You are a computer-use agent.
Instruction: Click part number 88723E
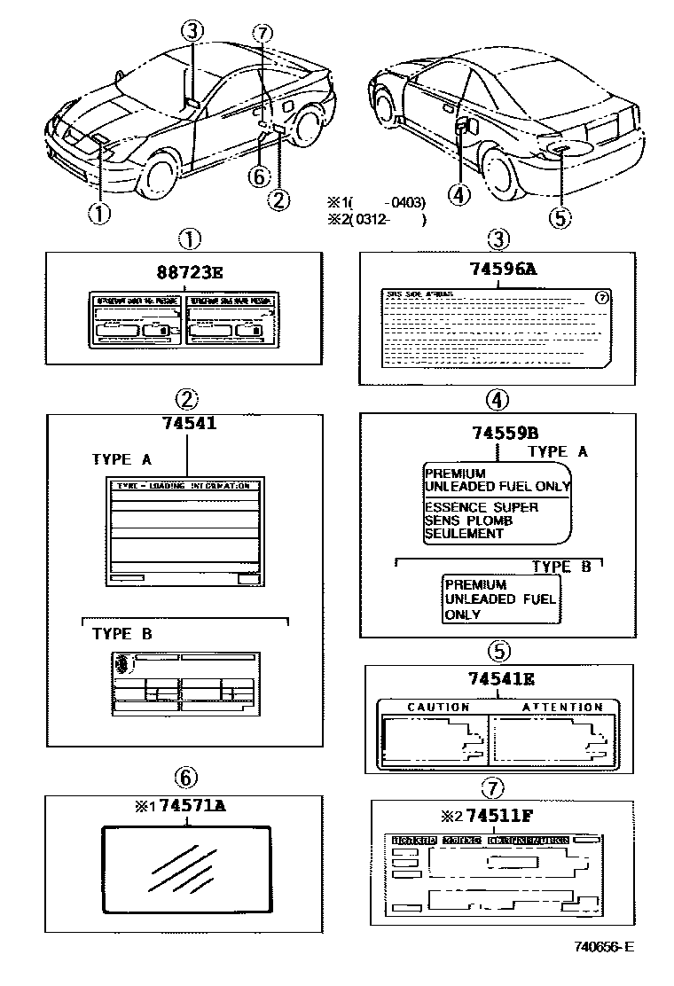184,272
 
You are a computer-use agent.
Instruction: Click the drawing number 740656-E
603,946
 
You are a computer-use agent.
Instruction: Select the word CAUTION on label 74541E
438,707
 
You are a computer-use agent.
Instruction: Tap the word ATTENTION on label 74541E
562,707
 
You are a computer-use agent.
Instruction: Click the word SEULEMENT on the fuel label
464,534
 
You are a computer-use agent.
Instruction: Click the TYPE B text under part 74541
121,634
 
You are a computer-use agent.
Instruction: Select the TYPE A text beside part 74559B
558,451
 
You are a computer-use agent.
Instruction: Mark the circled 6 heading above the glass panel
184,778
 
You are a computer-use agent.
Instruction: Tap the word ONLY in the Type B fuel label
463,614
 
